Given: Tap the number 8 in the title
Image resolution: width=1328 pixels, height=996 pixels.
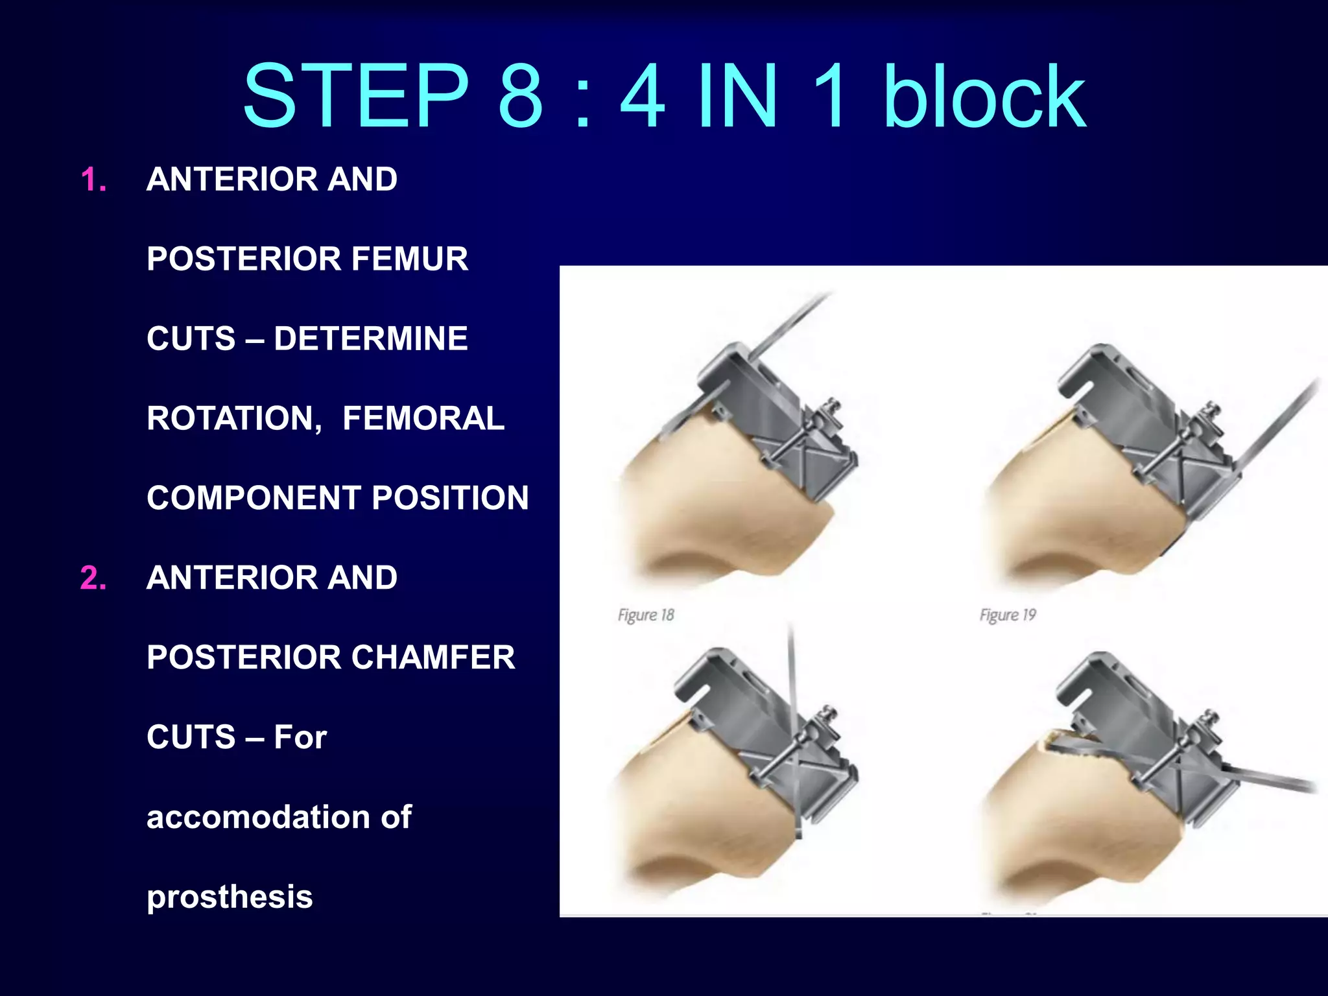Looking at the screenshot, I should pos(520,96).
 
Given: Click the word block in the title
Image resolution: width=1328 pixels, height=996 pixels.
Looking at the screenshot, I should pos(984,96).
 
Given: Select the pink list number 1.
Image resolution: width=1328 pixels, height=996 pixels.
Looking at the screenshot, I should pos(93,180).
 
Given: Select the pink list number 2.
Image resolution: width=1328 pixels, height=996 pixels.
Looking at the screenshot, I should pos(93,578).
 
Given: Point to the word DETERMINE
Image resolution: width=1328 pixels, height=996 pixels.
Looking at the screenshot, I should pos(370,338).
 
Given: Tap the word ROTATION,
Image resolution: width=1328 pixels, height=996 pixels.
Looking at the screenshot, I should pos(234,418).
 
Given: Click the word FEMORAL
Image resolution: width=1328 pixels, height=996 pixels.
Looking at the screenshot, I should pos(423,418).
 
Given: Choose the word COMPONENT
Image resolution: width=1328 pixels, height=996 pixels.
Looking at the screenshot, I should pos(254,498).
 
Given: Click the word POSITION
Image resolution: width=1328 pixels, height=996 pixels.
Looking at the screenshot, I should pos(450,498).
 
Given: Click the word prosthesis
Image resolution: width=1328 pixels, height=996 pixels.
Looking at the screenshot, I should pos(230,897).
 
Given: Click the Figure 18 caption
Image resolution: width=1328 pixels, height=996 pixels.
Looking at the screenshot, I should pos(646,615).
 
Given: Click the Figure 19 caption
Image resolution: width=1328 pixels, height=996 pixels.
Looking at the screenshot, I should pos(1008,615).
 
